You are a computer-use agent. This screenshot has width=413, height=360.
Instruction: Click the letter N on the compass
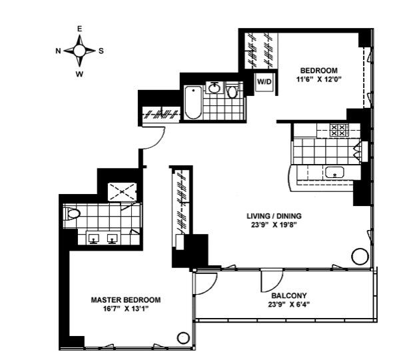pos(59,51)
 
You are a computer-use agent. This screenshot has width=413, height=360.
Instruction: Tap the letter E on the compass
pos(79,29)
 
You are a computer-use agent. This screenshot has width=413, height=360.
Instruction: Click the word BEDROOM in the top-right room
pos(318,71)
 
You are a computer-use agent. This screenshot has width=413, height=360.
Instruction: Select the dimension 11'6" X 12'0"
pos(318,80)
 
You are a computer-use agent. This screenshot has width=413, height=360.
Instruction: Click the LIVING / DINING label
pos(274,215)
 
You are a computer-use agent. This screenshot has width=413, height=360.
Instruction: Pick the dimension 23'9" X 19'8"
pos(274,225)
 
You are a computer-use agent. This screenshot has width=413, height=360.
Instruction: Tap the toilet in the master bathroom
pos(72,214)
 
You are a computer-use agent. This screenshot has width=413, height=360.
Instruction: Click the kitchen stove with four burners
pos(339,129)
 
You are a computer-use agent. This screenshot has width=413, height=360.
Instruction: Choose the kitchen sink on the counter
pos(334,173)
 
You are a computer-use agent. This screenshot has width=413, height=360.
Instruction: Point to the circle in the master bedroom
pos(183,338)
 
